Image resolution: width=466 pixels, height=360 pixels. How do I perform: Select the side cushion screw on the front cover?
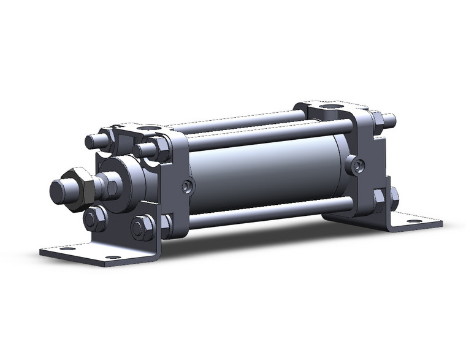tap(186, 186)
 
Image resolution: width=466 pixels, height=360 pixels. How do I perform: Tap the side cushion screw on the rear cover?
tap(356, 164)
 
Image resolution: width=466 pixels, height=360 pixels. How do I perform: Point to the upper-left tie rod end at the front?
tap(92, 141)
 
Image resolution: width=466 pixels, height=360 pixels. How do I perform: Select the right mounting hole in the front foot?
tap(111, 258)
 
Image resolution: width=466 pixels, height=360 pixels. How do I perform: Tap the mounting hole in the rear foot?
tap(415, 221)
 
